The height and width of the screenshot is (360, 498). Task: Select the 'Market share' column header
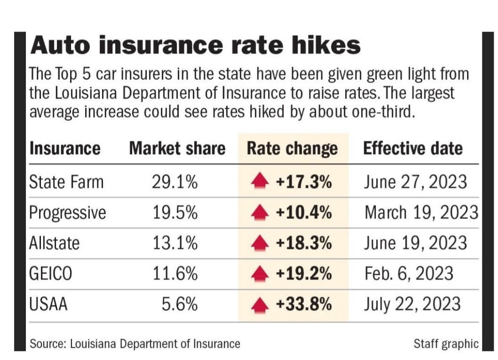(177, 149)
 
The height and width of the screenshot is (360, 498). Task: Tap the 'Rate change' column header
(292, 149)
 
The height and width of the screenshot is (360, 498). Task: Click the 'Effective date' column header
(413, 149)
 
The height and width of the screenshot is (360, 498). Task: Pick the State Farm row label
(66, 182)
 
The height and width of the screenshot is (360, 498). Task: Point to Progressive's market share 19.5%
(174, 212)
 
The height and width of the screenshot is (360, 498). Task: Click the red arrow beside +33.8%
(260, 305)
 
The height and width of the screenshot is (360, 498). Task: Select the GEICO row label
(51, 274)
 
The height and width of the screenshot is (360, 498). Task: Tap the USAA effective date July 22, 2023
(411, 304)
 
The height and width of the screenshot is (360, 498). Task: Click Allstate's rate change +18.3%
(304, 243)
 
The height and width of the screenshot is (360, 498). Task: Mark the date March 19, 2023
(421, 212)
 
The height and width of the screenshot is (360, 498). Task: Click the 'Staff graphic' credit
(446, 344)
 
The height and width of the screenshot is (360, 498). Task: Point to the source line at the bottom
(135, 344)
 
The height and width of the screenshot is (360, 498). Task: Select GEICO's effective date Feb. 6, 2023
(409, 274)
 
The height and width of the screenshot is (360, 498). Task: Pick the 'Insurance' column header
(65, 149)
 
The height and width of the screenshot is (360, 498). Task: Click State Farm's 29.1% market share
(174, 182)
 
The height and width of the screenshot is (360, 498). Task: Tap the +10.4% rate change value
(304, 212)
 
